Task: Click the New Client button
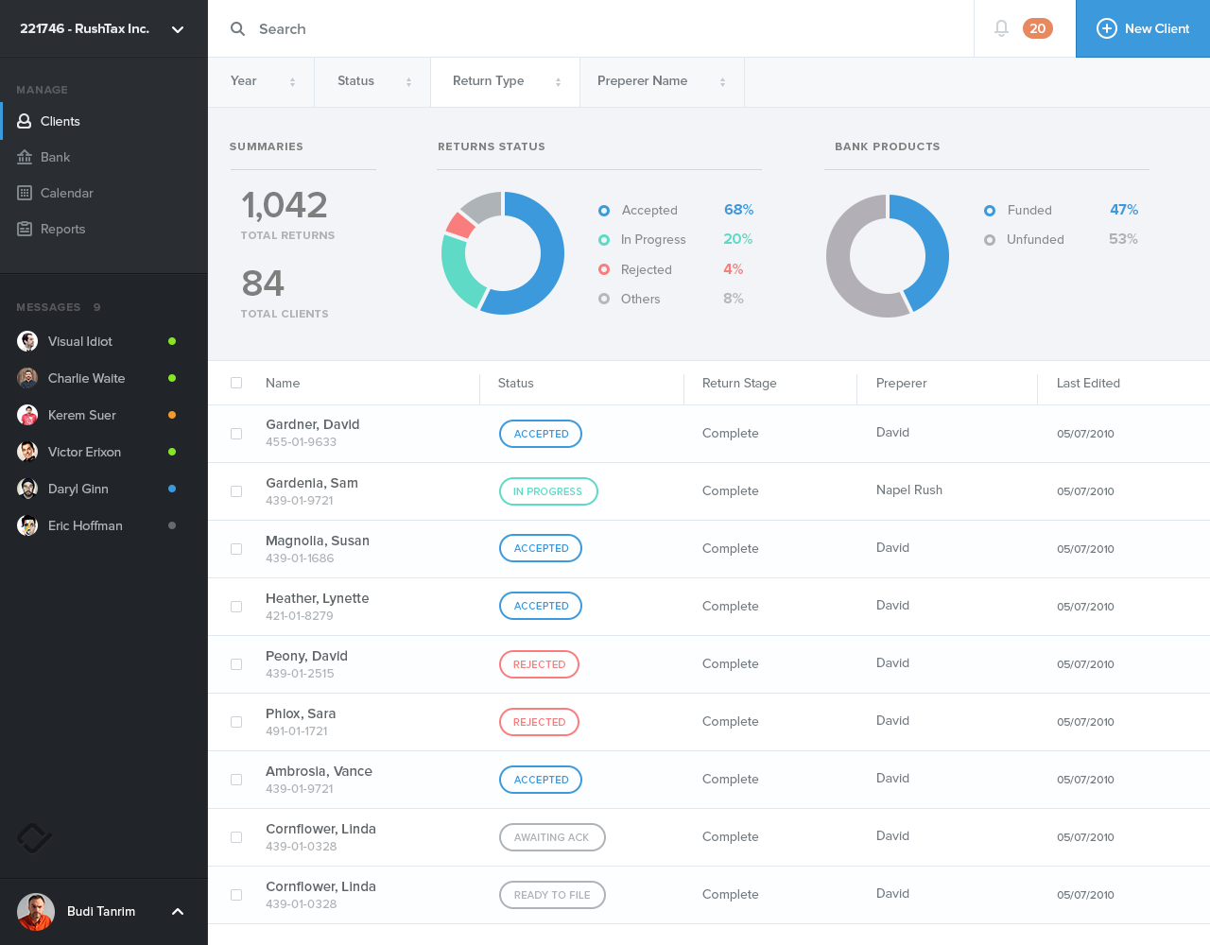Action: coord(1143,28)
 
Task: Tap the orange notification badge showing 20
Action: coord(1037,28)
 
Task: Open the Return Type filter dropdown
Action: coord(506,81)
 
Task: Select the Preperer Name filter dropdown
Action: coord(661,81)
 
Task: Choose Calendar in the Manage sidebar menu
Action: coord(66,193)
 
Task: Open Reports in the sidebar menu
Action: coord(62,229)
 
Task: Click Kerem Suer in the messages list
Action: coord(81,415)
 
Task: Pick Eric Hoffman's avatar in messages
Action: coord(27,525)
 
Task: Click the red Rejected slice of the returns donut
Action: coord(459,225)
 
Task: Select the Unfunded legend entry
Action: coord(1034,240)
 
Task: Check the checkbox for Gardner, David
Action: coord(236,434)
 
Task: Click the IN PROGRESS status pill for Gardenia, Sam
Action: coord(548,491)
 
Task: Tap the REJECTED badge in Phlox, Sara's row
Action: coord(539,722)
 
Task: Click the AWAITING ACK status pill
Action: coord(552,837)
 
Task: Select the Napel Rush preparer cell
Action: coord(908,490)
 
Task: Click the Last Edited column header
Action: coord(1088,383)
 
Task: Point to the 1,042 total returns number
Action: coord(285,205)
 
